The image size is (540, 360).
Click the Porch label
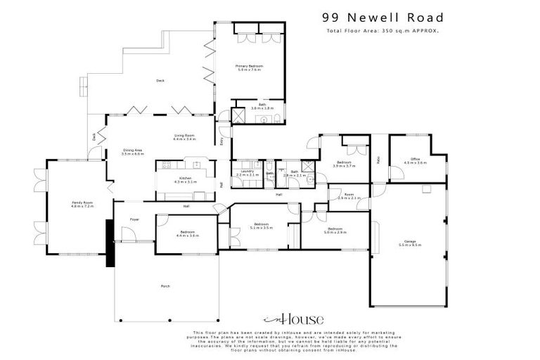[165, 286]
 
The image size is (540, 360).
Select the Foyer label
[134, 219]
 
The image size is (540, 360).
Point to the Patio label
[378, 160]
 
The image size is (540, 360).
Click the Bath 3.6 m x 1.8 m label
[262, 107]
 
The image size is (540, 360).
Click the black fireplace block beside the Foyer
[110, 243]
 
